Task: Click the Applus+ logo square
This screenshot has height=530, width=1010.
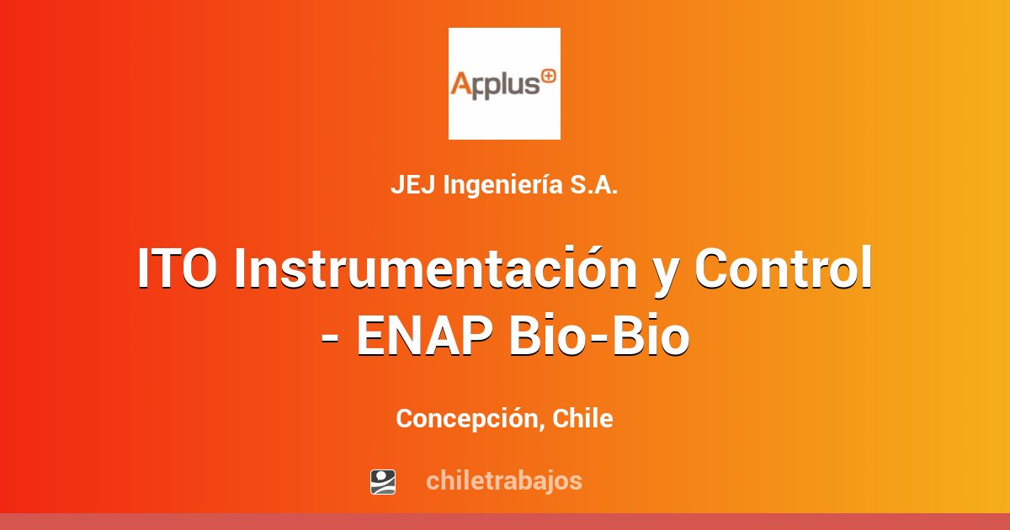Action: [504, 83]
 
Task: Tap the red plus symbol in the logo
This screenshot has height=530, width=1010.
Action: [548, 76]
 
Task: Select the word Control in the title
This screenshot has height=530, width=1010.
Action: [783, 269]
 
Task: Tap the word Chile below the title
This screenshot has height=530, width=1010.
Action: [582, 418]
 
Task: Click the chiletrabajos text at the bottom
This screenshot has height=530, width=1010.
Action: [503, 481]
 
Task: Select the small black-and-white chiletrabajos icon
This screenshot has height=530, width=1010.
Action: [383, 482]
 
